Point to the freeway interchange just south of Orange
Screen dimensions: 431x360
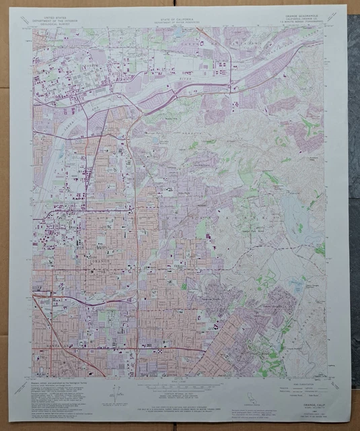click(x=138, y=295)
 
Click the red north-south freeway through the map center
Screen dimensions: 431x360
click(x=137, y=222)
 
